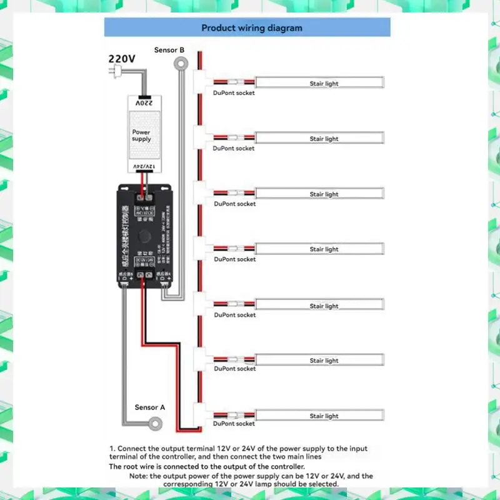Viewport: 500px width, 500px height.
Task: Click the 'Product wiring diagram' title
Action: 252,28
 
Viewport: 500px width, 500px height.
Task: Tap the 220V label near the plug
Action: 122,58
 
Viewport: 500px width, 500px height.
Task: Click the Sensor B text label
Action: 169,49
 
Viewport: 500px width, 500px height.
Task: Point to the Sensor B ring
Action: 181,63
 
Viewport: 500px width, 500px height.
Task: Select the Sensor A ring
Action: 153,423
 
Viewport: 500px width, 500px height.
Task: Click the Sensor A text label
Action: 150,407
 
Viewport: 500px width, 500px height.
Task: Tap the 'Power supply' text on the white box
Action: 141,136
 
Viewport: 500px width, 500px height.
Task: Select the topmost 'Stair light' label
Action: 324,83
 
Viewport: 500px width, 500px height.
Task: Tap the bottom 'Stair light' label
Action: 324,416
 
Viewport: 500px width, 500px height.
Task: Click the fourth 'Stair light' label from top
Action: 324,249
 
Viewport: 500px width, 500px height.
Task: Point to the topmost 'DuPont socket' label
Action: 234,93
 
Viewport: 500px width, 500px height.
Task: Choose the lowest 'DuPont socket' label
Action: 234,423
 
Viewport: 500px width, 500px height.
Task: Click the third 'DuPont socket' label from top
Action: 235,204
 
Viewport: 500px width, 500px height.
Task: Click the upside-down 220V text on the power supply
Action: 144,102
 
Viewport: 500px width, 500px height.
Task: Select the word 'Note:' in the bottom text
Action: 140,476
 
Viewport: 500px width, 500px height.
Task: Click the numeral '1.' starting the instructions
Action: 112,449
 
